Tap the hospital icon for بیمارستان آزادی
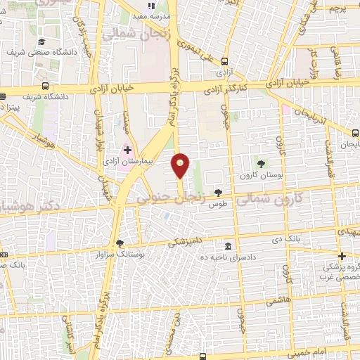pos(127,149)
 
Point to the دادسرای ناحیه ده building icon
pos(229,247)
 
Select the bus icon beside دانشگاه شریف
pos(46,86)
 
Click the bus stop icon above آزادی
pos(224,61)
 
